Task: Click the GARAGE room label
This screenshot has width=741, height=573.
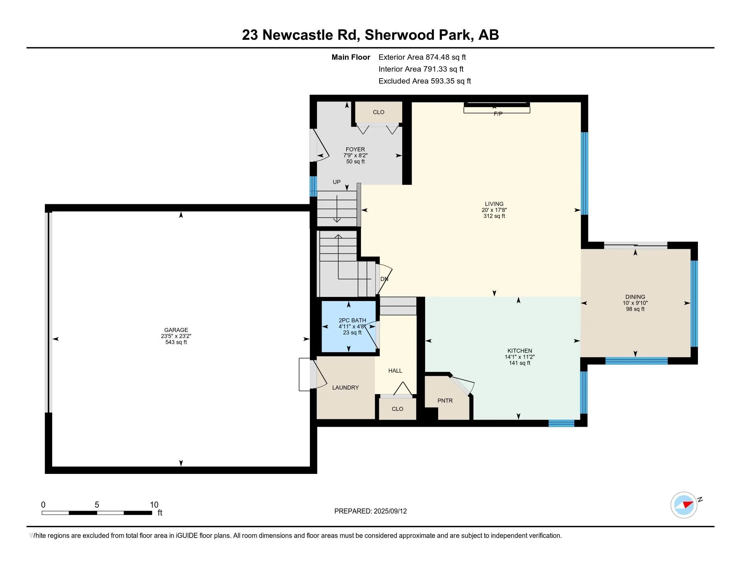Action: (x=176, y=330)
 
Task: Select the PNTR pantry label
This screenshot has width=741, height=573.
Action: (x=445, y=400)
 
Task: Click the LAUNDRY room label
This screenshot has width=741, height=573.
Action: (x=345, y=388)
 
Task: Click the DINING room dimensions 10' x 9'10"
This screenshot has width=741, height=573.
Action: (x=635, y=303)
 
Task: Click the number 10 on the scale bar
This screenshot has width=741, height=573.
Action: (x=154, y=505)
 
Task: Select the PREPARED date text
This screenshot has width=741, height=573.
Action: (x=370, y=511)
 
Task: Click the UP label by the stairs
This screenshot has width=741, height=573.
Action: (x=336, y=182)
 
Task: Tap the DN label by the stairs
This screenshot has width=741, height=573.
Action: (x=384, y=279)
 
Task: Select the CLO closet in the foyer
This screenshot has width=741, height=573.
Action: (x=379, y=112)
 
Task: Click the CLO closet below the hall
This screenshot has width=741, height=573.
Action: (x=397, y=409)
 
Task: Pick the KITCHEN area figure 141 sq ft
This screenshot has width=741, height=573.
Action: (x=519, y=363)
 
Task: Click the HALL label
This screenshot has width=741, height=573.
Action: (x=395, y=371)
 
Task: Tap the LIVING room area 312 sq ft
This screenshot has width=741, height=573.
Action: (x=494, y=216)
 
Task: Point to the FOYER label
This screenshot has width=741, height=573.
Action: (x=355, y=149)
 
